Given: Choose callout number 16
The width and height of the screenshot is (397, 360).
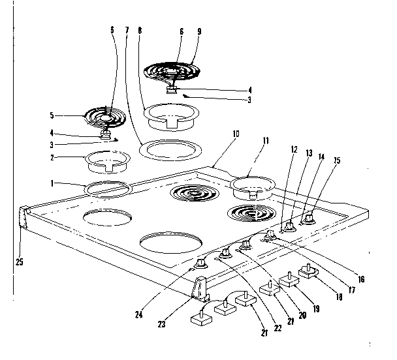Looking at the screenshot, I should click(361, 279).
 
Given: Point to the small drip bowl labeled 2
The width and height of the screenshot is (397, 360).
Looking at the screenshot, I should click(104, 158).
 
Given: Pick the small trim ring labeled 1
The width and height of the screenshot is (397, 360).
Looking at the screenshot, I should click(108, 188).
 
